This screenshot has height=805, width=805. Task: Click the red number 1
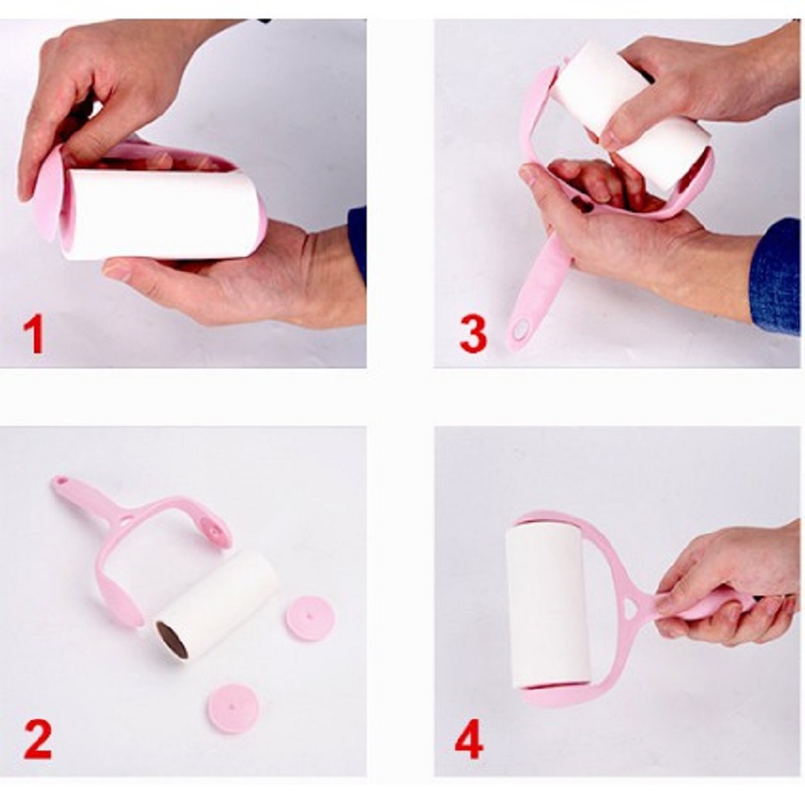tap(34, 335)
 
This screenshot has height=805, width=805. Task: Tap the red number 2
tap(38, 740)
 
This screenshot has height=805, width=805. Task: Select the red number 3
tap(472, 335)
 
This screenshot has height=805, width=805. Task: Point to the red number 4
tap(469, 740)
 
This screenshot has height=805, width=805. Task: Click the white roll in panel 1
tap(159, 213)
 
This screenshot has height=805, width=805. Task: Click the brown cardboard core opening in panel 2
tap(173, 640)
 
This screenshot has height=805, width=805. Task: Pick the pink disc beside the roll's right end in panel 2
tap(310, 619)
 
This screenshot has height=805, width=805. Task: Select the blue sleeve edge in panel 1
tap(357, 241)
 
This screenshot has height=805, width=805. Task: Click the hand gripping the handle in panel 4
tap(729, 585)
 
